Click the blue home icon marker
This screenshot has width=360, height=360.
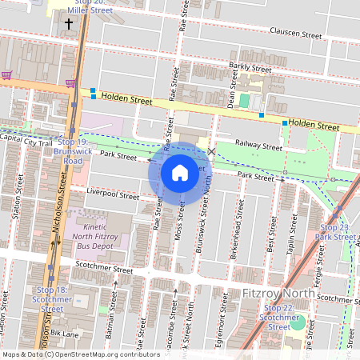(180, 172)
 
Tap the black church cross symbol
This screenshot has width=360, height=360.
(68, 24)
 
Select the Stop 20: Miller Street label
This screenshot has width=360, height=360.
(93, 8)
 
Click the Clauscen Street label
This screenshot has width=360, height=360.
(295, 35)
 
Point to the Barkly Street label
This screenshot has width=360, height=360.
(250, 69)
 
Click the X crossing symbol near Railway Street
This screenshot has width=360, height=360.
(211, 150)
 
